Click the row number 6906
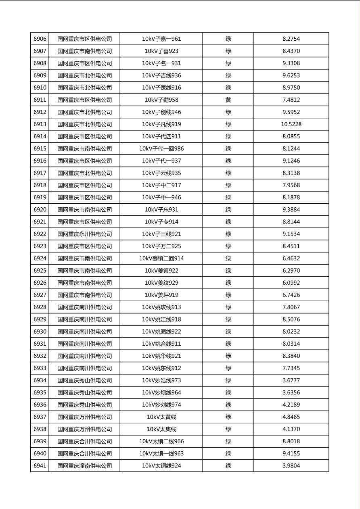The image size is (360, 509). coord(40,39)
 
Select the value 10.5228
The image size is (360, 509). coord(291,124)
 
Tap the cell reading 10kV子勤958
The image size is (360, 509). coord(161,100)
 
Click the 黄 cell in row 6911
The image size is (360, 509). coord(228,100)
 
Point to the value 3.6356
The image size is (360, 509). coord(291,392)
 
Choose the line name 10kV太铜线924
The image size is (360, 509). coord(161,466)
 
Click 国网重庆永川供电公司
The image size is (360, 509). coord(84,234)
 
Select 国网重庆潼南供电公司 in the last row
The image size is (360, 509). coord(84,466)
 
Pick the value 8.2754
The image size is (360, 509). coord(291,39)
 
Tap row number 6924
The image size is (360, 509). coord(40,259)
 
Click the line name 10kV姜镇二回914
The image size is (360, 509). coord(161,259)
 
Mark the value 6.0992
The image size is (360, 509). coord(291,283)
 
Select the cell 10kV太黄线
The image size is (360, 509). coord(161,417)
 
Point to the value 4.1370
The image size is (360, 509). coord(291,429)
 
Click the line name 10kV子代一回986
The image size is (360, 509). coord(161,149)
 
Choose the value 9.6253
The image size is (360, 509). coord(291,75)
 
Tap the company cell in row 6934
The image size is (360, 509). coord(84,380)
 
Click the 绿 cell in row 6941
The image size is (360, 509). coord(228,466)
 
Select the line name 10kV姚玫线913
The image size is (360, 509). coord(161,307)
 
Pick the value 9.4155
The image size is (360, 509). coord(291,454)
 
